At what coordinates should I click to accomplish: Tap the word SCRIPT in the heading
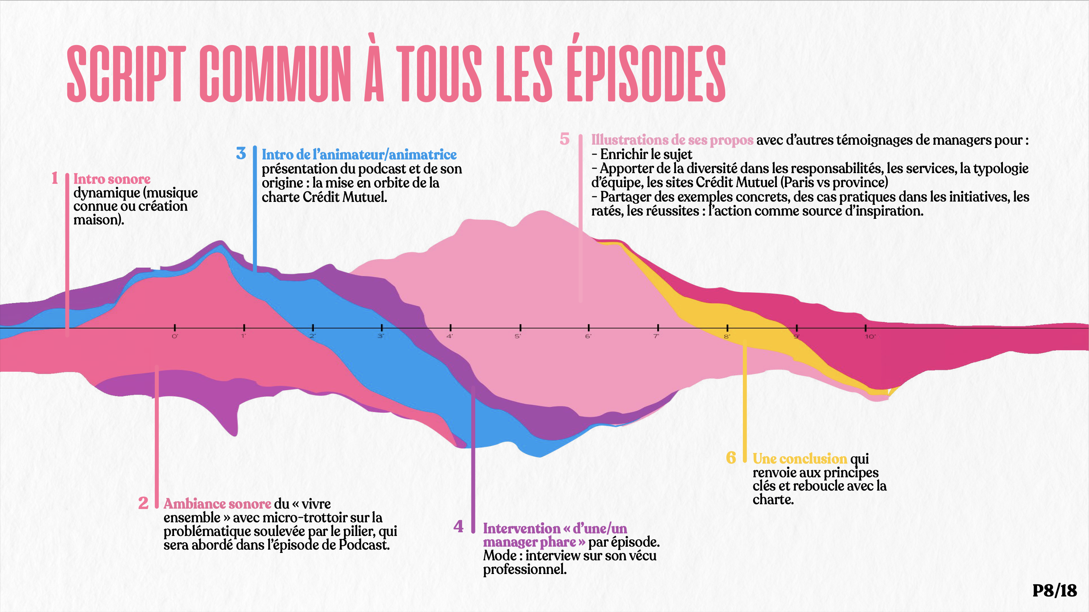[126, 74]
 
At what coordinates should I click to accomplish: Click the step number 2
[143, 503]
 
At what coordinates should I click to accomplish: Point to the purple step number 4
[458, 526]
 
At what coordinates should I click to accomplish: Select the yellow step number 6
[731, 457]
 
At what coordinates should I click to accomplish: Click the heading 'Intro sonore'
[112, 179]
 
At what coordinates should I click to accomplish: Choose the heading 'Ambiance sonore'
[217, 504]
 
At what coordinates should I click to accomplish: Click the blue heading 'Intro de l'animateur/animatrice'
[359, 155]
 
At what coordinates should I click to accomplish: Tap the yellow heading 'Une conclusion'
[799, 459]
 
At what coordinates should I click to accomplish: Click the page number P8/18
[1054, 591]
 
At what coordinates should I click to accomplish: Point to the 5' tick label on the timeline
[518, 337]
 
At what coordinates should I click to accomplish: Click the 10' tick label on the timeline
[870, 337]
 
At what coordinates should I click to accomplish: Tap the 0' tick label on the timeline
[175, 337]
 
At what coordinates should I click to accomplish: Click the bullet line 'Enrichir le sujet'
[646, 154]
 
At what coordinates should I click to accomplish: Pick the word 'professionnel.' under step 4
[525, 569]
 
